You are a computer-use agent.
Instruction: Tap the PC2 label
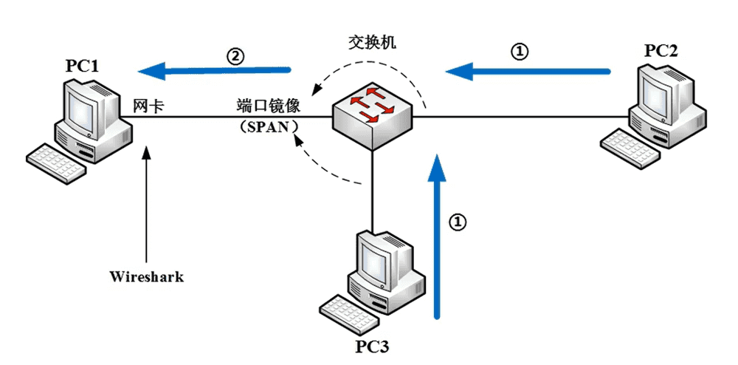[661, 50]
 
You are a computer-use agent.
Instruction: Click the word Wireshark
[146, 277]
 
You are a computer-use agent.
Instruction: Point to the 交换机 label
[372, 42]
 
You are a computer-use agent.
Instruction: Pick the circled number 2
[235, 55]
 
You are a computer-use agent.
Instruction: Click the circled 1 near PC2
[520, 52]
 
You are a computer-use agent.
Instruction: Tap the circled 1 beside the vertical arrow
[458, 222]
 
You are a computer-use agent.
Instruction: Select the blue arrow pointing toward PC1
[214, 71]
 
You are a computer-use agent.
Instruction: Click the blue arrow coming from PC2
[528, 72]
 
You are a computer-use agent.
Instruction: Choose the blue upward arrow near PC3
[438, 236]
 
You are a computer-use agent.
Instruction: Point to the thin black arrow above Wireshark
[148, 199]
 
